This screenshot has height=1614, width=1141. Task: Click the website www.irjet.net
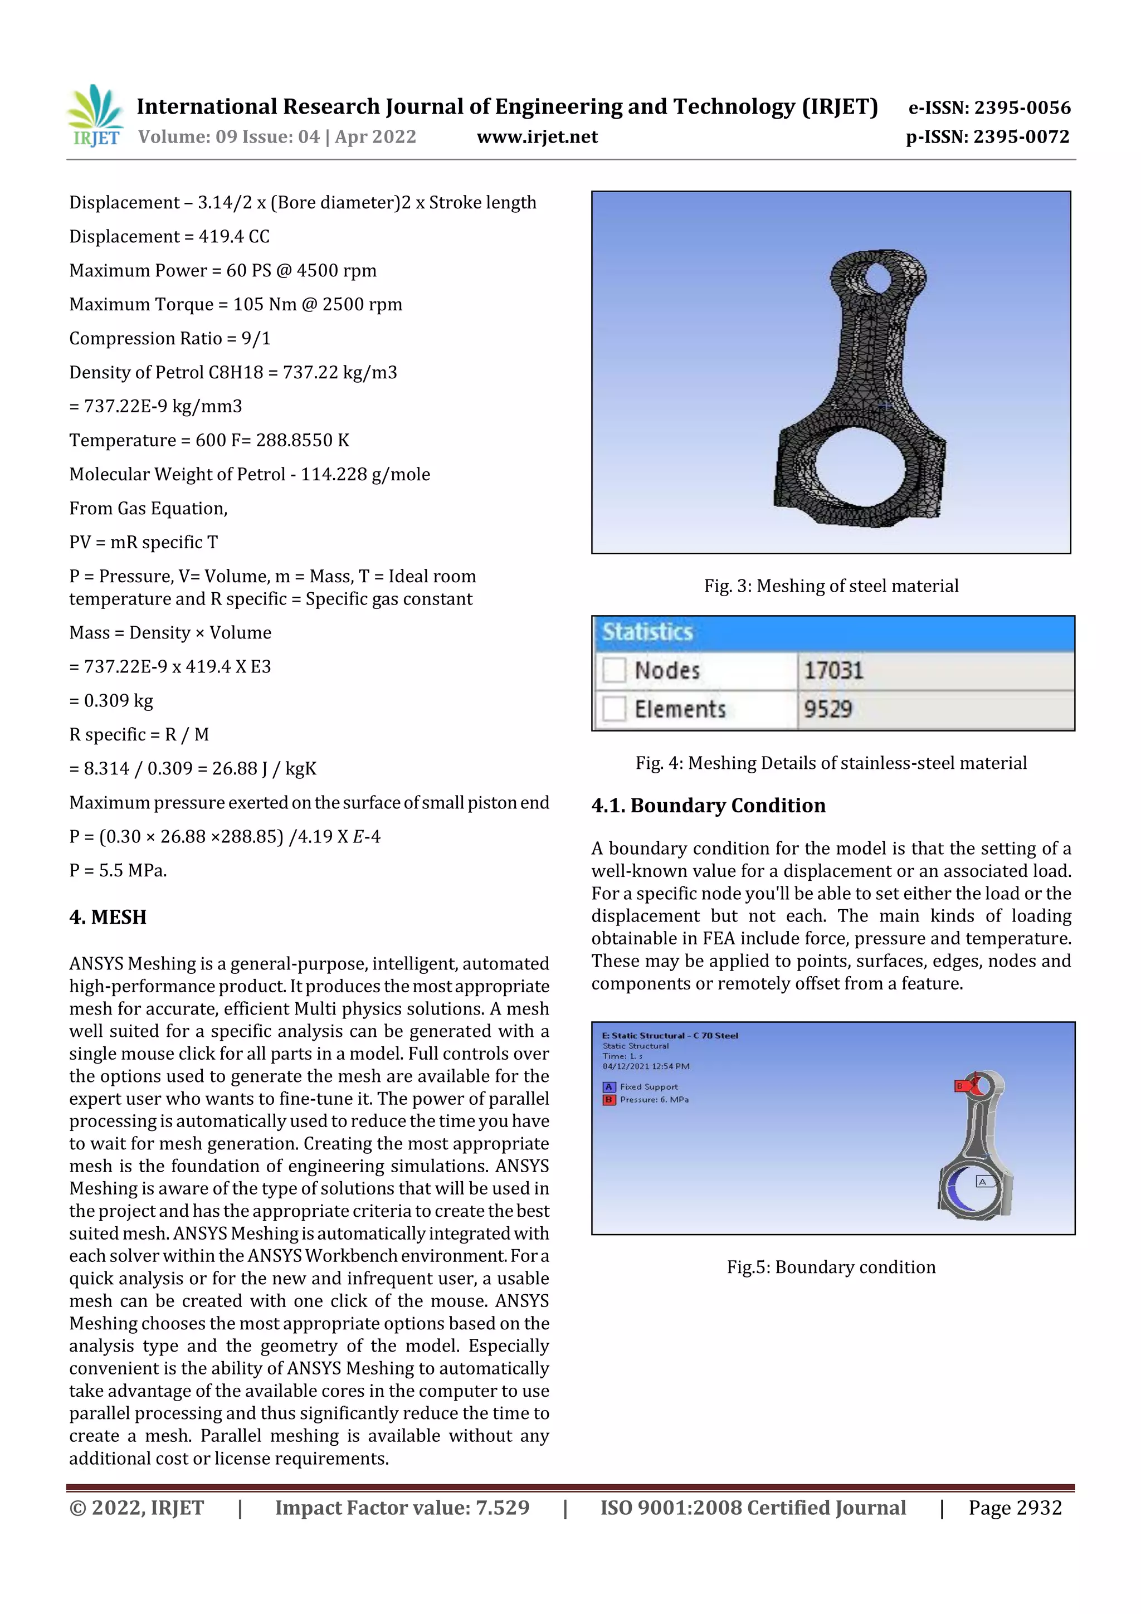point(537,136)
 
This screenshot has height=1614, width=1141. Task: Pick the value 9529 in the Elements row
point(827,709)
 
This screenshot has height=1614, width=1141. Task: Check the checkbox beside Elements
point(614,709)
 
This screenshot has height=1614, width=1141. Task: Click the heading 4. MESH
point(108,918)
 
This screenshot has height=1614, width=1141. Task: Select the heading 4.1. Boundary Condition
point(708,806)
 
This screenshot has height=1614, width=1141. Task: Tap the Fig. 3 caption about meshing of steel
point(831,586)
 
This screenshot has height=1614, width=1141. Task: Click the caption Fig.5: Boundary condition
point(831,1267)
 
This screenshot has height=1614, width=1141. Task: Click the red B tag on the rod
point(959,1086)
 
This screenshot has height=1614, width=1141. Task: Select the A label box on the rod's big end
point(982,1182)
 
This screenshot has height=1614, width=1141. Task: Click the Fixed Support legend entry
point(647,1087)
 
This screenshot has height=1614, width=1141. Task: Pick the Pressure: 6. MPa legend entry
point(652,1099)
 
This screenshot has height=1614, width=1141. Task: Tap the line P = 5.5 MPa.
point(118,870)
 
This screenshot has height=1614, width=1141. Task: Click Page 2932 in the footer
point(1015,1507)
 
